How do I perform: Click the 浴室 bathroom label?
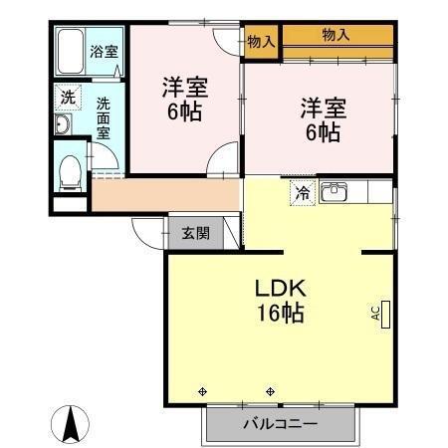[103, 51]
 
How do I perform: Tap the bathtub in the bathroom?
[72, 51]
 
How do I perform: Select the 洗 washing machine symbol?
[67, 98]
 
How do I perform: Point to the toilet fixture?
[71, 171]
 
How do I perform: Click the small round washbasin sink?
[63, 124]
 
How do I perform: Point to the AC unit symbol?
[383, 312]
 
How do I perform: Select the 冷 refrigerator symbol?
[301, 193]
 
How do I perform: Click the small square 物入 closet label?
[261, 41]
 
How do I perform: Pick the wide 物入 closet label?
[336, 35]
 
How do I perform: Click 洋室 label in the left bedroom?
[185, 86]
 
